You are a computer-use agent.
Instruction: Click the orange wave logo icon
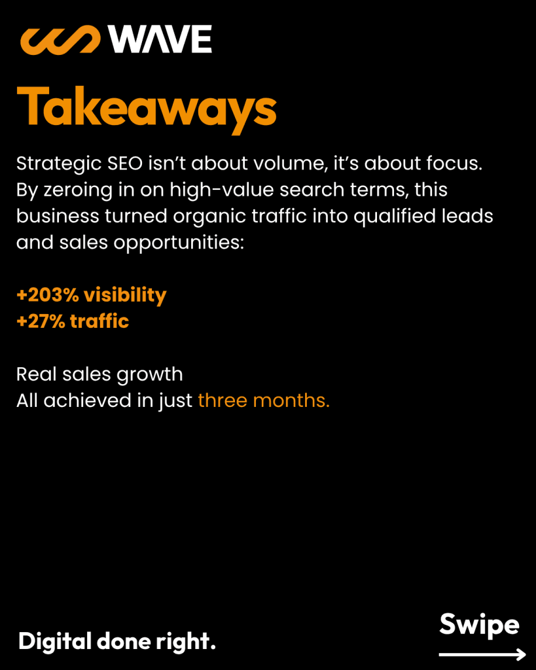point(60,40)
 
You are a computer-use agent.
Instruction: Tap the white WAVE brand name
point(160,39)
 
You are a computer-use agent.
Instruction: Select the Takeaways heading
point(147,108)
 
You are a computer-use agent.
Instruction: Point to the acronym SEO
point(125,164)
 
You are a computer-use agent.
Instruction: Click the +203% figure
point(47,295)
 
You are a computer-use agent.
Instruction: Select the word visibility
point(125,296)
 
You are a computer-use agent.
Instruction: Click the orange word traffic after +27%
point(99,321)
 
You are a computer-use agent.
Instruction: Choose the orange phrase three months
point(264,401)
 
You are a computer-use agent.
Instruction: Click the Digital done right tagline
point(116,642)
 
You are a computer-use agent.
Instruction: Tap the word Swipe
point(479,625)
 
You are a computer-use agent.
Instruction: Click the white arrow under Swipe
point(482,654)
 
